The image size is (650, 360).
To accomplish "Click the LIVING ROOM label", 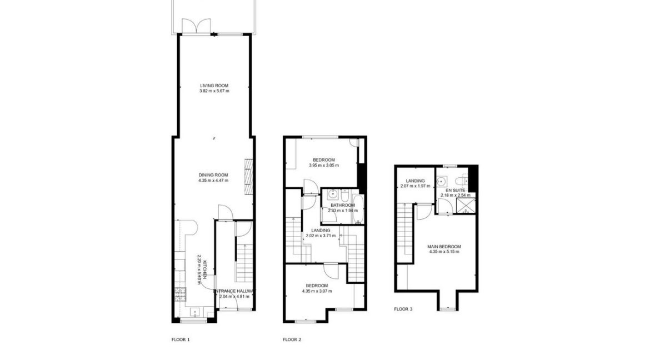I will [x=214, y=86].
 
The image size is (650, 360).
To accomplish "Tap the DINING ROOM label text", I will [x=214, y=174].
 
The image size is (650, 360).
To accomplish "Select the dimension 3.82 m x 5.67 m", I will [x=214, y=91].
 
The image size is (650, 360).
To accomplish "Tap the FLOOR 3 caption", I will [x=403, y=309].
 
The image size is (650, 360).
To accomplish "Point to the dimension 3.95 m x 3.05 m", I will [x=324, y=166].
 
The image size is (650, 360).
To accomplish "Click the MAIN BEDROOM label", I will [x=444, y=246].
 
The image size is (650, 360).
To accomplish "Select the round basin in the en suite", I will [x=442, y=181].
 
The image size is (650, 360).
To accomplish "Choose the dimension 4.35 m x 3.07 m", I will [x=316, y=291].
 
